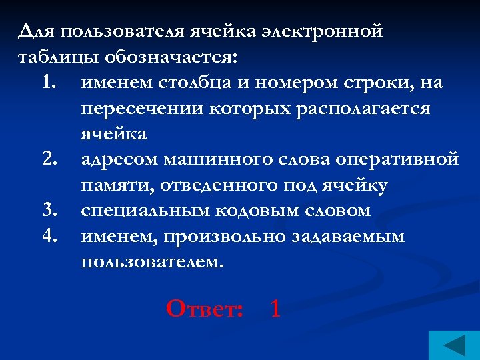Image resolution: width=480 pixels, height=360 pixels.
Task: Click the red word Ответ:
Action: (x=204, y=308)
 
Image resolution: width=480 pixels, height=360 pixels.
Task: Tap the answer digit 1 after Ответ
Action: (x=275, y=308)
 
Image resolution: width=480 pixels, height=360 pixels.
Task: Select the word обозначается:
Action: (x=169, y=57)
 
